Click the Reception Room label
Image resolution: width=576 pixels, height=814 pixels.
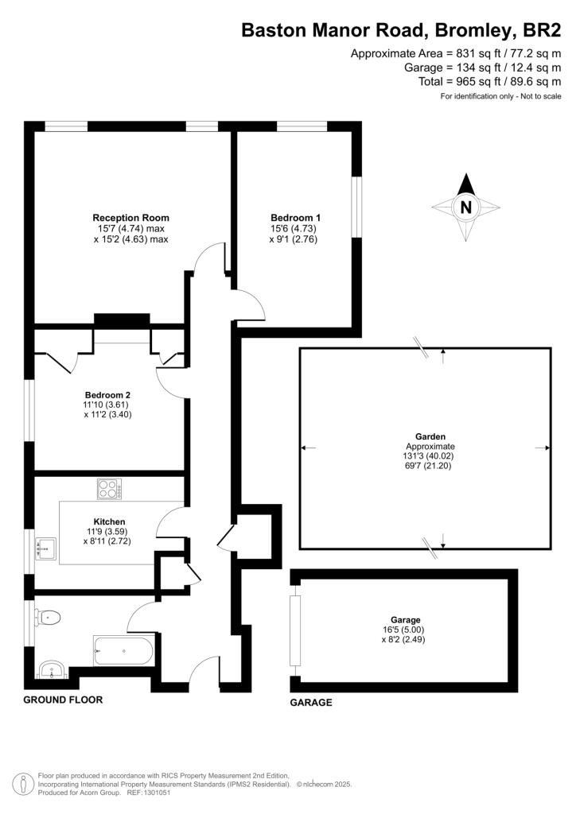(131, 218)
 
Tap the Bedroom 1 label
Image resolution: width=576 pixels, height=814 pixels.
(295, 218)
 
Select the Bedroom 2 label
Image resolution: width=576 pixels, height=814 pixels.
(107, 395)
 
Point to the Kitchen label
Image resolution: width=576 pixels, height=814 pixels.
(110, 521)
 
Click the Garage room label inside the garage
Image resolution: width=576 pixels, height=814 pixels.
(405, 619)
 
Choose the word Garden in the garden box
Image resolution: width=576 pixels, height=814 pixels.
(430, 436)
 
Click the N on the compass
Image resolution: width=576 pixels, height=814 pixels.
(467, 208)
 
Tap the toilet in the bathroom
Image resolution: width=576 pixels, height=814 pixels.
(51, 616)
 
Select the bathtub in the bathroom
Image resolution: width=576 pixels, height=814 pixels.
(124, 652)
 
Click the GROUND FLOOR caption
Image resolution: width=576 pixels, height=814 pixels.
(63, 700)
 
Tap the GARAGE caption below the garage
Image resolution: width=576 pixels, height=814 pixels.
(311, 703)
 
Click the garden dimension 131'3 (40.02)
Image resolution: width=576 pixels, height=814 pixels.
(430, 457)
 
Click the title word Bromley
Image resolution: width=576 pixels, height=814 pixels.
(470, 31)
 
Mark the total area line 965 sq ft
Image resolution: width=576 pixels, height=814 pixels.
(489, 81)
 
